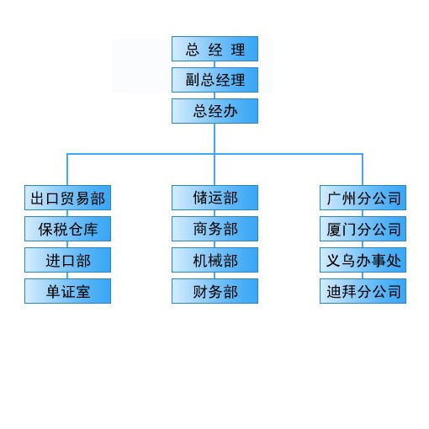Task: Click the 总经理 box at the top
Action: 214,49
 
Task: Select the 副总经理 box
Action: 214,80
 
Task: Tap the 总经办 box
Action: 214,111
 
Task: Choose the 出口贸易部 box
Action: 67,198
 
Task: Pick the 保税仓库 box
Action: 67,229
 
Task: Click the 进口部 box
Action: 67,260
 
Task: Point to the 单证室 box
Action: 67,291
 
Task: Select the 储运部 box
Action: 214,198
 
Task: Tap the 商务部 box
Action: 214,229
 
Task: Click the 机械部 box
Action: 214,260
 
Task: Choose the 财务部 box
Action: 214,291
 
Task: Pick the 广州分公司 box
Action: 363,198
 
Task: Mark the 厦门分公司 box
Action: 363,229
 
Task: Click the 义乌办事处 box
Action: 363,260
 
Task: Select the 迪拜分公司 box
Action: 363,291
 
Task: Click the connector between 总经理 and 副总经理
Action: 214,65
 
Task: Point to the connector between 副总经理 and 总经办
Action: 214,96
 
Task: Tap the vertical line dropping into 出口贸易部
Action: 67,169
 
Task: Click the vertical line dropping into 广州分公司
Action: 363,169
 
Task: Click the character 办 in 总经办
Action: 230,111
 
